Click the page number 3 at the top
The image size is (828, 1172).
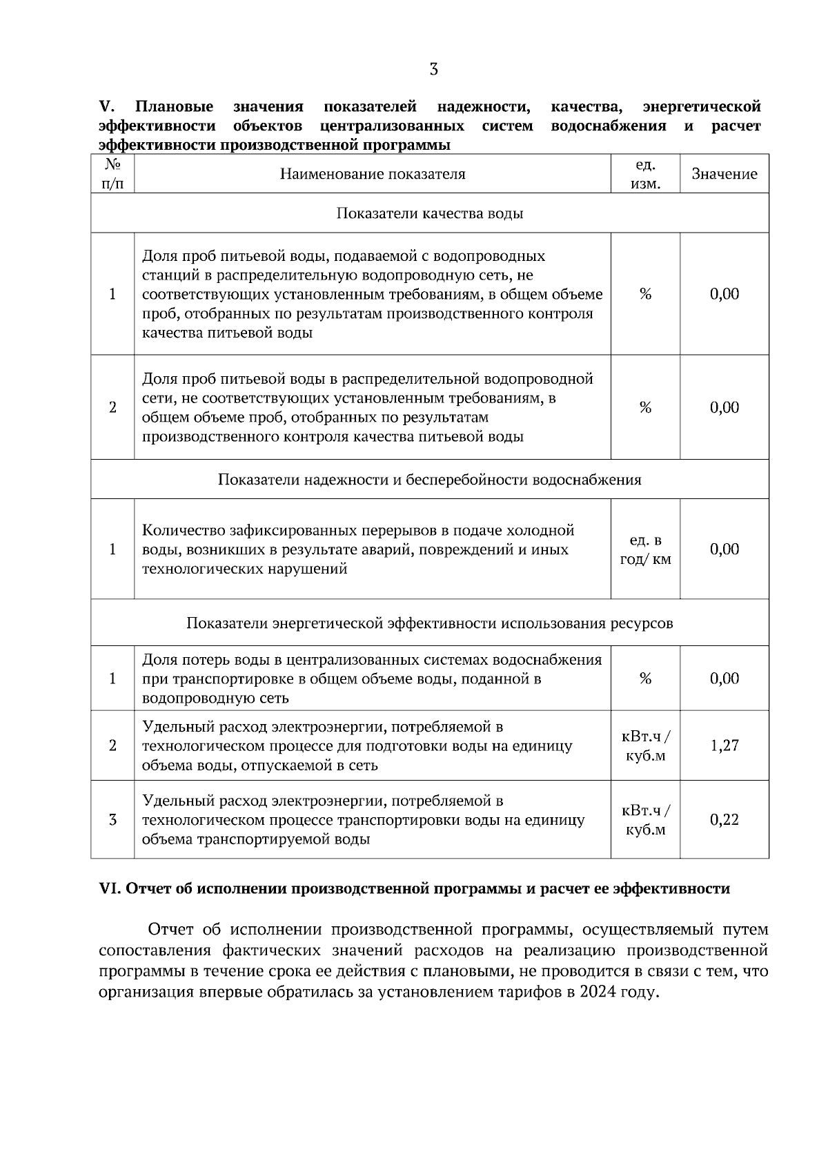[x=433, y=70]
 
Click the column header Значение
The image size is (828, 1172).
[x=724, y=175]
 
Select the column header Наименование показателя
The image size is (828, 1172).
[x=372, y=175]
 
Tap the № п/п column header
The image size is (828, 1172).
[x=112, y=175]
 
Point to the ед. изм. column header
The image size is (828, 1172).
[x=645, y=175]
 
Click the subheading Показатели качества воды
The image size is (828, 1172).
[x=429, y=213]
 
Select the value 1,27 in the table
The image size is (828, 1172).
[x=724, y=746]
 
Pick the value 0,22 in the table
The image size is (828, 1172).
[x=724, y=820]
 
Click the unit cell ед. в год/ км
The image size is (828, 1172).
[x=645, y=549]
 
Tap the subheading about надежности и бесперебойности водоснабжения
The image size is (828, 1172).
[x=429, y=480]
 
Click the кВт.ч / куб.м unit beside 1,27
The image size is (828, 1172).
[x=645, y=746]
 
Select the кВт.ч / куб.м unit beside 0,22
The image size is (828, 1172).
[x=645, y=820]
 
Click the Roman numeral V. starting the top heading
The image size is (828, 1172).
[x=106, y=108]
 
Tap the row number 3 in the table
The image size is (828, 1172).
[x=112, y=820]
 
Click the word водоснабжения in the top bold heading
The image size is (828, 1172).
[x=609, y=126]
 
